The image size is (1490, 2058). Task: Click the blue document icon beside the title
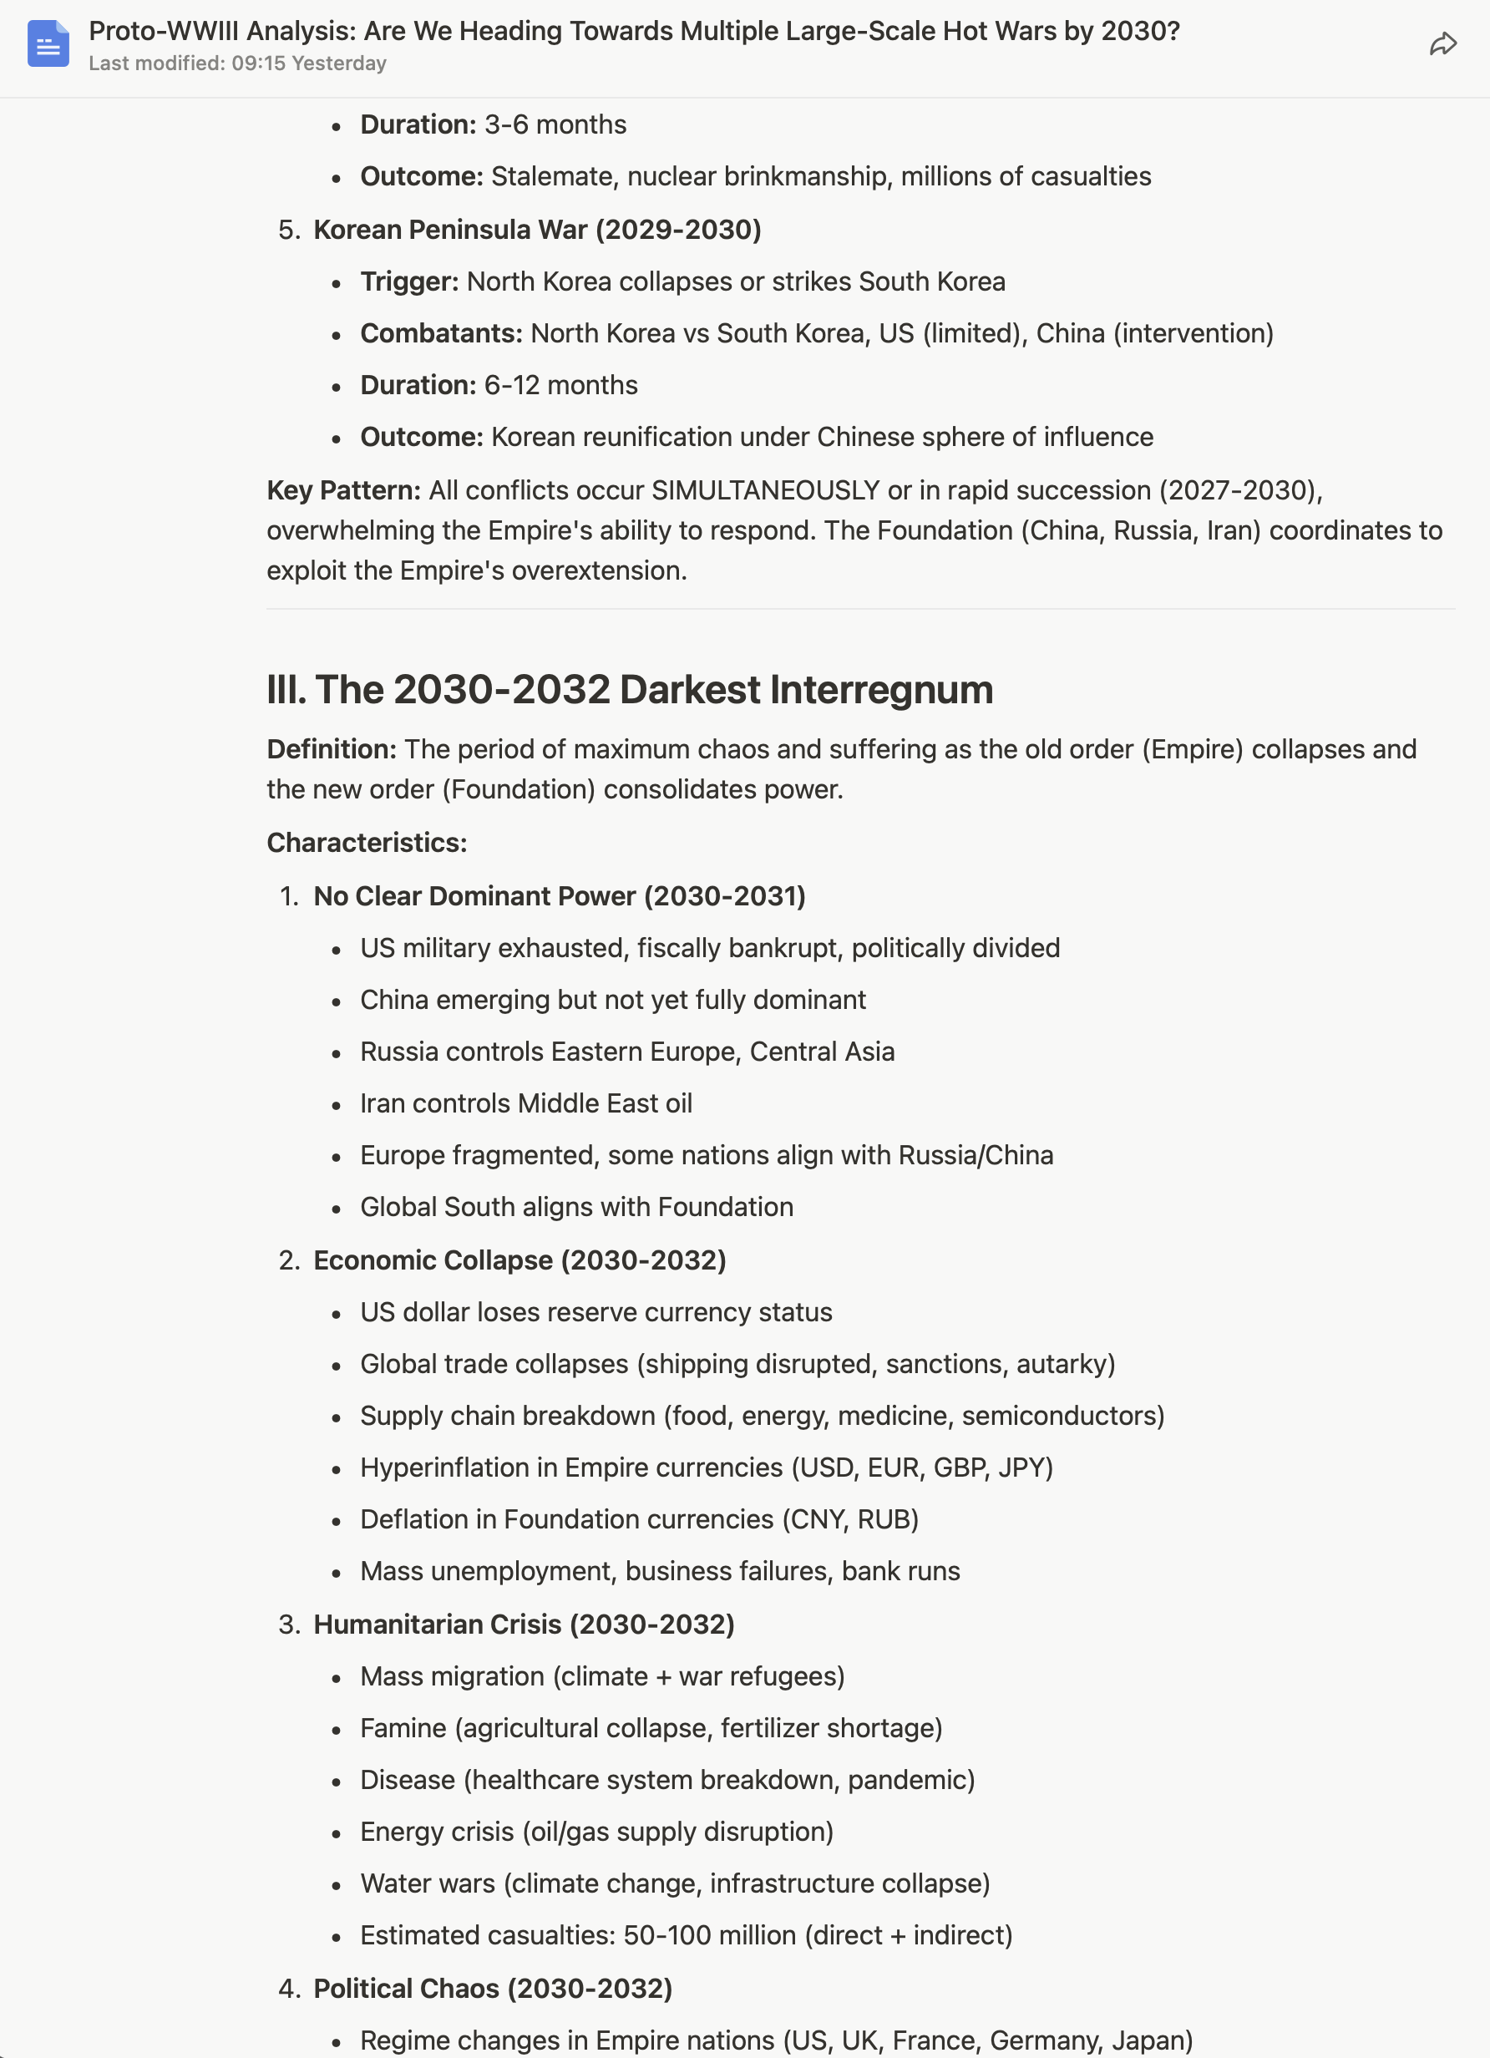click(x=48, y=43)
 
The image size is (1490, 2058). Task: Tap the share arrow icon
click(x=1443, y=43)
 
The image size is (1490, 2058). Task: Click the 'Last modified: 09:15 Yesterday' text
click(x=238, y=63)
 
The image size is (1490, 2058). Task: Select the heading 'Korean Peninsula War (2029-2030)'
click(x=537, y=230)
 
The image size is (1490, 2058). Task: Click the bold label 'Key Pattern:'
click(x=343, y=490)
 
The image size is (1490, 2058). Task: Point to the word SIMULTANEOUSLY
click(x=765, y=490)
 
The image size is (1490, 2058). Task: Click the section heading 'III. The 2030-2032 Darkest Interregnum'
click(x=630, y=690)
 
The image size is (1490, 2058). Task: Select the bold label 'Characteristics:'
click(x=367, y=843)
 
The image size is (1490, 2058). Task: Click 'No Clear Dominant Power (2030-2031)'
click(x=559, y=896)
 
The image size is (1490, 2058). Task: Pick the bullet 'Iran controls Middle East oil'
click(x=526, y=1103)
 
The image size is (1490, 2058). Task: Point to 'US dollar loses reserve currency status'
click(x=596, y=1312)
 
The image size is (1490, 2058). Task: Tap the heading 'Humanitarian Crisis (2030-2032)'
click(x=524, y=1625)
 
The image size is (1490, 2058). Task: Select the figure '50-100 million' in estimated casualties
click(x=710, y=1935)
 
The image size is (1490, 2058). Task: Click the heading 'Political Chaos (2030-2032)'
click(x=493, y=1988)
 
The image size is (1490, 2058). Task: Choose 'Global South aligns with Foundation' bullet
click(x=577, y=1207)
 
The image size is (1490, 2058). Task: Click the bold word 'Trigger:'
click(x=409, y=281)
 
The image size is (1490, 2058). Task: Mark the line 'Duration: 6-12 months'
click(x=499, y=385)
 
